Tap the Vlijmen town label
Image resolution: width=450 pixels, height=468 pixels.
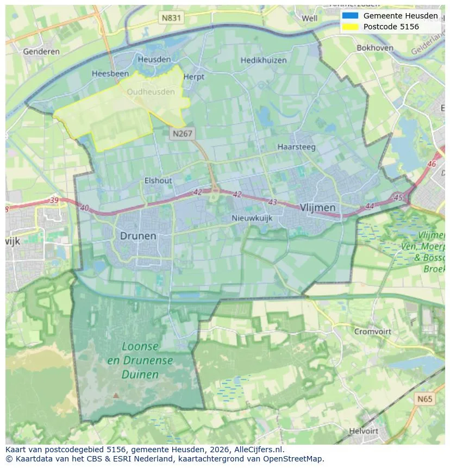click(317, 208)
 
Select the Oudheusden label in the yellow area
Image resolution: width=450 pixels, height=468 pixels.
click(151, 92)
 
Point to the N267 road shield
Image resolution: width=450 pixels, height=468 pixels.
click(182, 133)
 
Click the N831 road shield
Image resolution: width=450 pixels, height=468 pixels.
click(171, 18)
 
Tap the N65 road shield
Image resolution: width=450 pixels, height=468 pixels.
click(425, 400)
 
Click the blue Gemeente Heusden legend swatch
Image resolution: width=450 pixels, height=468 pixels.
click(350, 16)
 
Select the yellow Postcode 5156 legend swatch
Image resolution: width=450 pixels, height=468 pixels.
click(350, 27)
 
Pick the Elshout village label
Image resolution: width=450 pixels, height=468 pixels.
click(158, 180)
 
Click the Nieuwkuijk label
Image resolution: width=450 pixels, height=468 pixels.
click(252, 218)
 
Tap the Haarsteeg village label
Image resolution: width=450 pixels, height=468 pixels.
click(297, 147)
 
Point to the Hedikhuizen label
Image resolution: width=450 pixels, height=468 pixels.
click(264, 60)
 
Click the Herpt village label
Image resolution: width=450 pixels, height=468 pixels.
click(193, 77)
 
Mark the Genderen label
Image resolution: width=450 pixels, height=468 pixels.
click(41, 52)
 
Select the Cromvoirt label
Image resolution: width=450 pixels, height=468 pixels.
click(372, 331)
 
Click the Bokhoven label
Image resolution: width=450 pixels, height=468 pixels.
click(374, 48)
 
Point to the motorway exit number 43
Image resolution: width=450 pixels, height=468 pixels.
click(272, 202)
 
